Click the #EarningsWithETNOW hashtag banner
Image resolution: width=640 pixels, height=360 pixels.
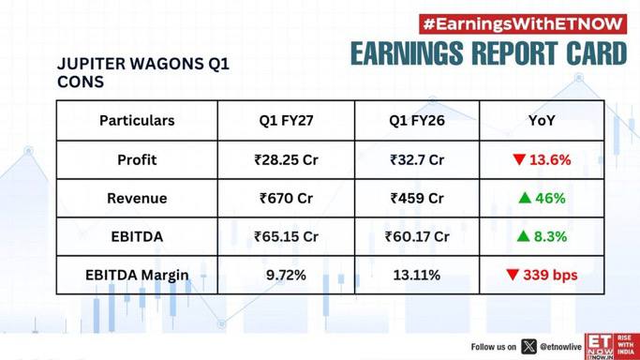pyautogui.click(x=523, y=24)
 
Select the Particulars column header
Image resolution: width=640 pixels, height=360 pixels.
pyautogui.click(x=137, y=121)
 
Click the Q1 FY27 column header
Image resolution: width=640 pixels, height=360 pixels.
pyautogui.click(x=286, y=121)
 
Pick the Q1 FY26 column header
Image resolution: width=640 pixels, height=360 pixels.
pyautogui.click(x=417, y=121)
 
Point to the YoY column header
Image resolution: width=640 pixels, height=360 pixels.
pyautogui.click(x=542, y=121)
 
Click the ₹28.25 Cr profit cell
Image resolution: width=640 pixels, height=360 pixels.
pyautogui.click(x=286, y=159)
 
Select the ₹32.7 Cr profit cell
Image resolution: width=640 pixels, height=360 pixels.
pyautogui.click(x=417, y=159)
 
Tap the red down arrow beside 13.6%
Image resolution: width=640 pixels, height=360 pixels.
pyautogui.click(x=519, y=159)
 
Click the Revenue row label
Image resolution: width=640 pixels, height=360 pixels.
pyautogui.click(x=137, y=199)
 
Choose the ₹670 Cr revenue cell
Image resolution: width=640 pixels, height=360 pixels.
pyautogui.click(x=286, y=199)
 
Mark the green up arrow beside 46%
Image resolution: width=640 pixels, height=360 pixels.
pyautogui.click(x=525, y=198)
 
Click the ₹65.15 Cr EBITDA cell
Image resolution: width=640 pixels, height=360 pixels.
pyautogui.click(x=286, y=237)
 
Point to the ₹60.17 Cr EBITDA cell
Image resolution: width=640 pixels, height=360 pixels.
pyautogui.click(x=417, y=237)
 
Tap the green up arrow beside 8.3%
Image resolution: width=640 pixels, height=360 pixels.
pyautogui.click(x=523, y=236)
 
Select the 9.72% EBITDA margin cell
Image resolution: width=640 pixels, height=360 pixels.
pyautogui.click(x=286, y=275)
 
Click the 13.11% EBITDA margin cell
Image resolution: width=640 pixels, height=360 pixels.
pyautogui.click(x=417, y=275)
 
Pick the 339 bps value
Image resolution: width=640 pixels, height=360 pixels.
pyautogui.click(x=550, y=275)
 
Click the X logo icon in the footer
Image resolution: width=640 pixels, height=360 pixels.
pyautogui.click(x=529, y=347)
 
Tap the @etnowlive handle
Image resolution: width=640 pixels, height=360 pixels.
pyautogui.click(x=560, y=347)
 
